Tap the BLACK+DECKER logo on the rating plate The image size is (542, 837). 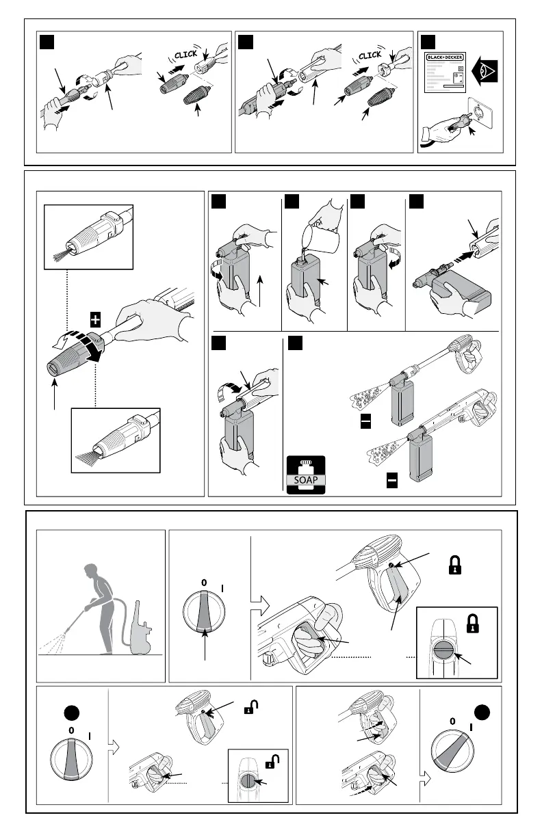tap(447, 58)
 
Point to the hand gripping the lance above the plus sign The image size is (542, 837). tap(144, 328)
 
